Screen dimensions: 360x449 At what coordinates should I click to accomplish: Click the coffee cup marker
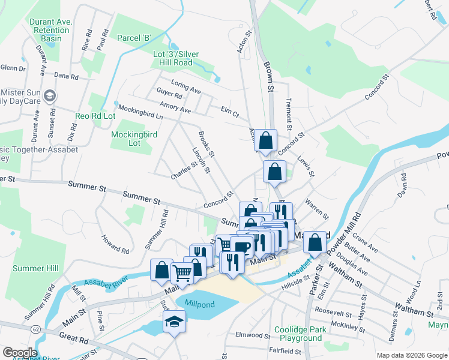coord(241,246)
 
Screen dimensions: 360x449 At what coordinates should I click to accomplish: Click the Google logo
coord(20,353)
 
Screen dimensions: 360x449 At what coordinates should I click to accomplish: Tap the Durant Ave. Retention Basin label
coord(51,30)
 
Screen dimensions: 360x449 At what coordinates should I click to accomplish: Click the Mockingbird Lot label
coord(134,139)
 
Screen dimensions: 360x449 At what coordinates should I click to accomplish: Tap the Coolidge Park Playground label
coord(298,334)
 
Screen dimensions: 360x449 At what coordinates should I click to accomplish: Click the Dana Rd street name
coord(66,77)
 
